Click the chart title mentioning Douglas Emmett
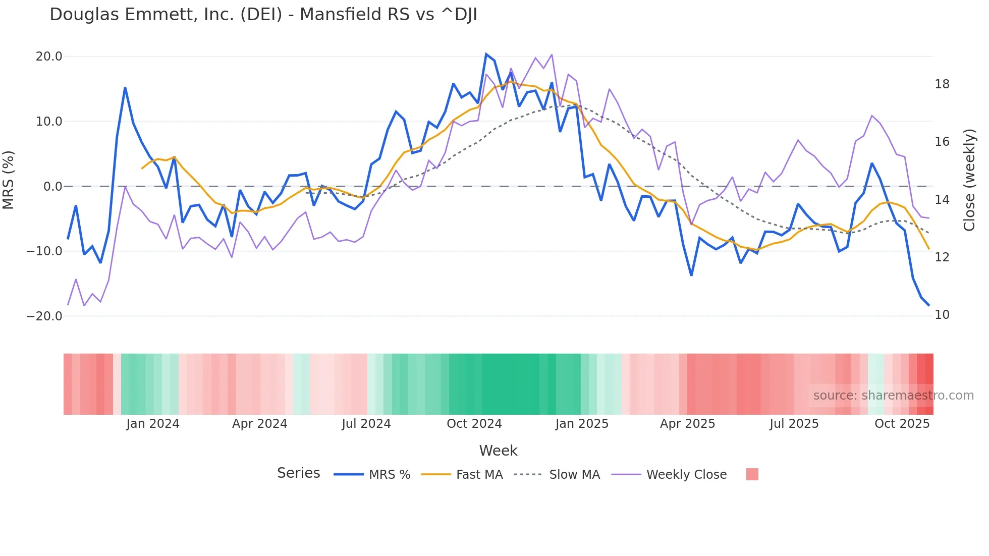263,15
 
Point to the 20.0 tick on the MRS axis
49,57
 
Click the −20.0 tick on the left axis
44,316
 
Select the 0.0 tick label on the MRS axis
53,187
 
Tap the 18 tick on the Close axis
942,84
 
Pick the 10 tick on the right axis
942,315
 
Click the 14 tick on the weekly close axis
942,200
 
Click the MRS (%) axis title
9,180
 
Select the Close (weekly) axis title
969,180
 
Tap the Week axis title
498,451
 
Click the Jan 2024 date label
153,424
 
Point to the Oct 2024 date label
474,424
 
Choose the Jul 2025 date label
794,424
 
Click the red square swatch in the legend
752,474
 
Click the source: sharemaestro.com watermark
893,396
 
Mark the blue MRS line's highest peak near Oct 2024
486,54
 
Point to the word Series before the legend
298,473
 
